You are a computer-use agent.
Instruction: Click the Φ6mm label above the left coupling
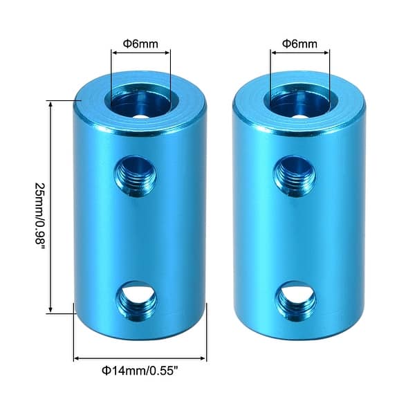tap(140, 44)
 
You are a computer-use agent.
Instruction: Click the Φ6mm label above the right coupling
tap(299, 44)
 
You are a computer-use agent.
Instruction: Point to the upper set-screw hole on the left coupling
tap(138, 171)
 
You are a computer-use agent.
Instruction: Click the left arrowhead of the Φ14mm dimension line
tap(76, 359)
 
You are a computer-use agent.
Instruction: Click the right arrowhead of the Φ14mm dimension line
tap(203, 359)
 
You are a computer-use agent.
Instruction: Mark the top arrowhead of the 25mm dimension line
tap(50, 102)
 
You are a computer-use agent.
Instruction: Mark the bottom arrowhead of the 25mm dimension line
tap(50, 311)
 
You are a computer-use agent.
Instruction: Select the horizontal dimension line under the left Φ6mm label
tap(140, 53)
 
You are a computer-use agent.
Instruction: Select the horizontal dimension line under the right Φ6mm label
tap(299, 53)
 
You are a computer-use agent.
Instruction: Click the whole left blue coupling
tap(140, 207)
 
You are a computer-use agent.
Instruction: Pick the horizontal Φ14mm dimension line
tap(140, 359)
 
